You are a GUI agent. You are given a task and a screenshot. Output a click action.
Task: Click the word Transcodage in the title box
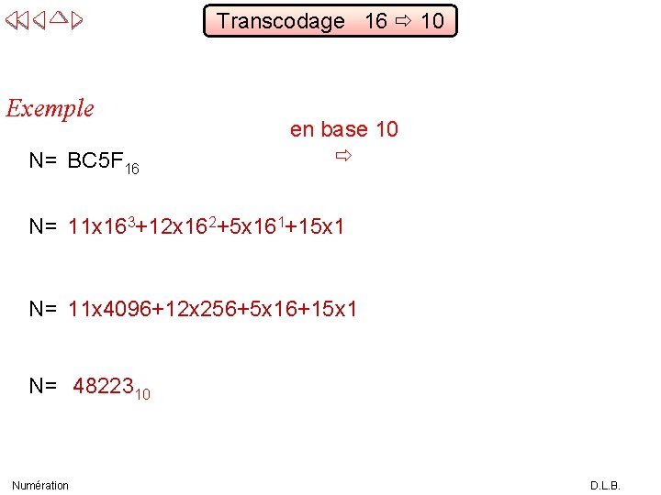[281, 21]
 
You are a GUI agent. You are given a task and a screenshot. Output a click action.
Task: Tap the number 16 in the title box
[375, 21]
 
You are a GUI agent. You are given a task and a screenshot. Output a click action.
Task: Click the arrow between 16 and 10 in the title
[404, 21]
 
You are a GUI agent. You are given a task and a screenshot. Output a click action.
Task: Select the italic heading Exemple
[50, 108]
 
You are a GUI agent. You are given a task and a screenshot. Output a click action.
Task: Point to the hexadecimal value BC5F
[95, 161]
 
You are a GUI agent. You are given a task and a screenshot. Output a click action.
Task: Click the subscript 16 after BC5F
[132, 169]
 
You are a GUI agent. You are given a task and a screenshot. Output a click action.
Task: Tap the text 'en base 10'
[344, 129]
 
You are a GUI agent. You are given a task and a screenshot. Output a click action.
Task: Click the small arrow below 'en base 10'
[342, 158]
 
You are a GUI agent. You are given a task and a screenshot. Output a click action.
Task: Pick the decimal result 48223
[103, 386]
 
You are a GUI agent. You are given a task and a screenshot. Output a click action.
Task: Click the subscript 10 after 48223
[142, 394]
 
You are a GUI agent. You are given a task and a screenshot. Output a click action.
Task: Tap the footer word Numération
[40, 485]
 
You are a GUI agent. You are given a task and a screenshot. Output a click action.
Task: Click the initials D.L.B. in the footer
[605, 485]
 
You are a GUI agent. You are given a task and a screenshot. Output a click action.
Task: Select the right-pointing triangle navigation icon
[77, 18]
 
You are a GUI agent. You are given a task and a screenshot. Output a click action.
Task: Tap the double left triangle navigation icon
[17, 18]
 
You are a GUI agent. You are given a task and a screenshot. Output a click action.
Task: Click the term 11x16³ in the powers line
[101, 225]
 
